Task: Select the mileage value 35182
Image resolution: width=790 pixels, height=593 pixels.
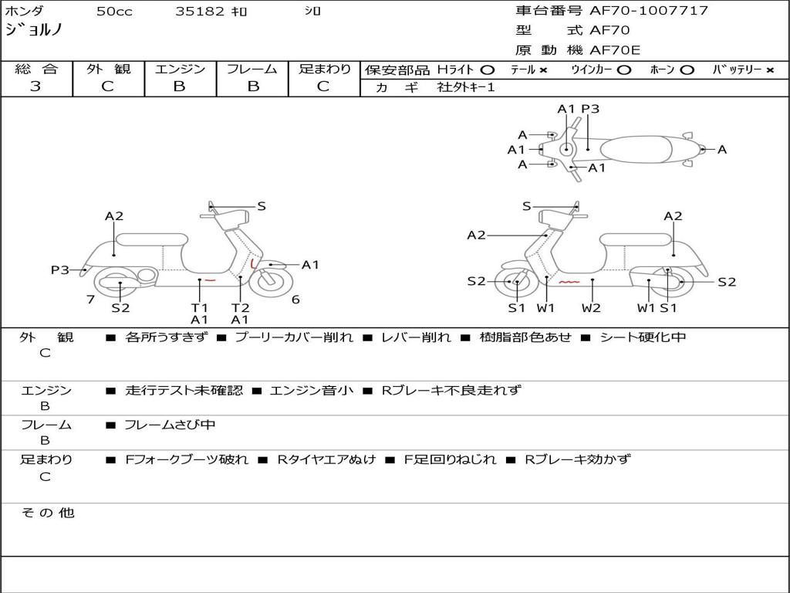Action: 200,12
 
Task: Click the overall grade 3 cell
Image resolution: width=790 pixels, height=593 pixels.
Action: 35,86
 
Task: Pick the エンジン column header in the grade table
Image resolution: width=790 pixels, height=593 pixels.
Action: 180,69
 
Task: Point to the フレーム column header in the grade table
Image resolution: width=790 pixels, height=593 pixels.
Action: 252,69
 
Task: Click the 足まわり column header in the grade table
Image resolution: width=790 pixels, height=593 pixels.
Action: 324,69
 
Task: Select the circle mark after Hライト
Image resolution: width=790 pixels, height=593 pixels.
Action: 487,69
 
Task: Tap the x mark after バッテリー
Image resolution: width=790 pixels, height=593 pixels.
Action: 770,69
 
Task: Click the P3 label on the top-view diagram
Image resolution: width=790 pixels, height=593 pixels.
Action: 590,109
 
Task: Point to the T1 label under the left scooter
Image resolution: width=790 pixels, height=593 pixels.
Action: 200,307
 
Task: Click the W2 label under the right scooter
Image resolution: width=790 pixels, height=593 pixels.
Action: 592,307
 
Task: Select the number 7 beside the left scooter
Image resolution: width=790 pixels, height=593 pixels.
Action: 91,300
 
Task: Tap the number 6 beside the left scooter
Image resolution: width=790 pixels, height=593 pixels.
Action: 295,300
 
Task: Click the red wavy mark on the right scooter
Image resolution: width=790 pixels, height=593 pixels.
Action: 569,283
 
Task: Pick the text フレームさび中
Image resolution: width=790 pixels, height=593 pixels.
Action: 170,425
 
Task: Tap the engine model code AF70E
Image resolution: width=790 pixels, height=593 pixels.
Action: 615,50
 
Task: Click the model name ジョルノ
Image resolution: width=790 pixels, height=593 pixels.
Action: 34,30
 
